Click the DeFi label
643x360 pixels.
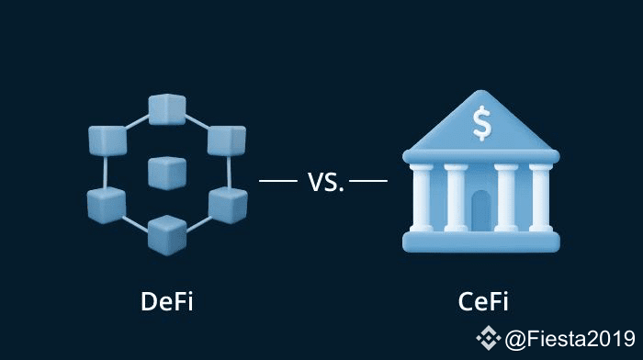166,301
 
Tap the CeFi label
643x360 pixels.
483,301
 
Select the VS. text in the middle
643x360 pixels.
325,182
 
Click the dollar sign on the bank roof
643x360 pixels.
481,123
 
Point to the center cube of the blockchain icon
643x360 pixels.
167,174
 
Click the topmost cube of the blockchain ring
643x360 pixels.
167,109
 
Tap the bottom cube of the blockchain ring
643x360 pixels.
167,235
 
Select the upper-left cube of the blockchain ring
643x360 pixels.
107,141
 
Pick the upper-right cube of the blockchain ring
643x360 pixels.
227,141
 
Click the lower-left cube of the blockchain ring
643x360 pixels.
107,205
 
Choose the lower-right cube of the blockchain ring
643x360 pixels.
228,205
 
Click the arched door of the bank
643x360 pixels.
481,211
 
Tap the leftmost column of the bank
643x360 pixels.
422,197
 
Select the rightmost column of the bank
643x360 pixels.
540,197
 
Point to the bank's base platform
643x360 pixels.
481,242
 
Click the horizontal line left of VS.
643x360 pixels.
278,180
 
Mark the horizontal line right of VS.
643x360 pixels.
368,180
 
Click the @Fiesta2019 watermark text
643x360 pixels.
570,339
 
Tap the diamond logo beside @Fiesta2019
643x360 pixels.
488,338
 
